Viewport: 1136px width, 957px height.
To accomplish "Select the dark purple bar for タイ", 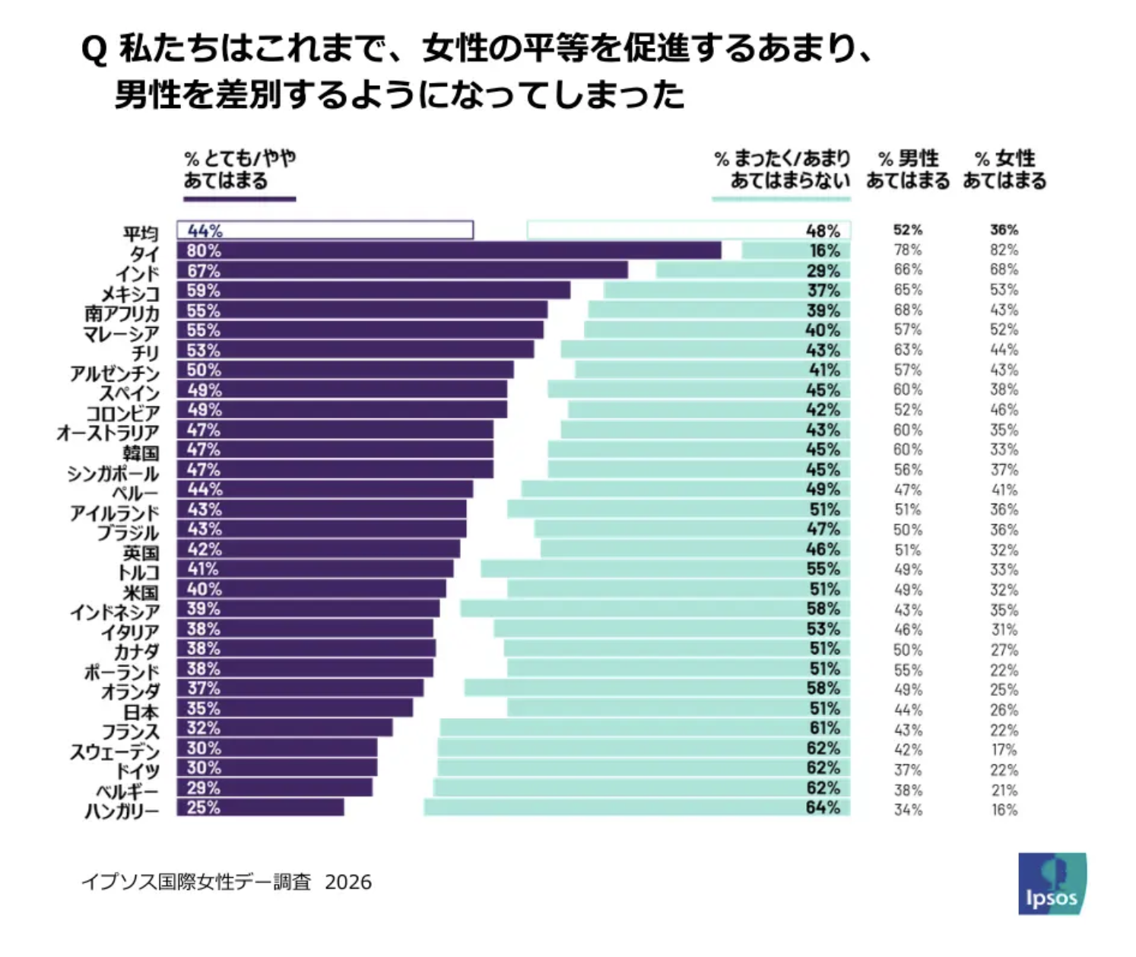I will tap(449, 250).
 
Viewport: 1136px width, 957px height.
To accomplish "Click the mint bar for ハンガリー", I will tap(636, 807).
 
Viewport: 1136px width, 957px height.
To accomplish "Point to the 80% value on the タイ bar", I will tap(204, 250).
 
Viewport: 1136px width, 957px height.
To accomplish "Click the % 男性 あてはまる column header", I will tap(908, 170).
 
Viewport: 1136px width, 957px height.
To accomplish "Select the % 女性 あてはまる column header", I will tap(1004, 170).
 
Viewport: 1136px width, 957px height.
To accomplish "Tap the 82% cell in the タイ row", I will tap(1004, 250).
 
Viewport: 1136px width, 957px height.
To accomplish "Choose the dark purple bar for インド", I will tap(402, 270).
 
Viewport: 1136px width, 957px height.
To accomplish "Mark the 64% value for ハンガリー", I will tap(823, 807).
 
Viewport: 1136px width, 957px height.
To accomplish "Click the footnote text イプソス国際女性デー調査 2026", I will tap(227, 882).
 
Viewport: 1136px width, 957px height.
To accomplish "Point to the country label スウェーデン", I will tap(115, 752).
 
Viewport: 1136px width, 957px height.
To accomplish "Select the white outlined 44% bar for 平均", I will tap(325, 230).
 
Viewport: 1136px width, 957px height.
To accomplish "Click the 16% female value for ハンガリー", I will tap(1004, 810).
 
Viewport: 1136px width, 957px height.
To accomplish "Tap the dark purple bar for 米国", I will tap(312, 589).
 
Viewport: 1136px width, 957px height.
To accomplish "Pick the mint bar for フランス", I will tap(645, 728).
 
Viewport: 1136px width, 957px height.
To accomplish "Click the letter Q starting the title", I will tap(94, 50).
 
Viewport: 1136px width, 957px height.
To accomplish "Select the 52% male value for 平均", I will tap(908, 230).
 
